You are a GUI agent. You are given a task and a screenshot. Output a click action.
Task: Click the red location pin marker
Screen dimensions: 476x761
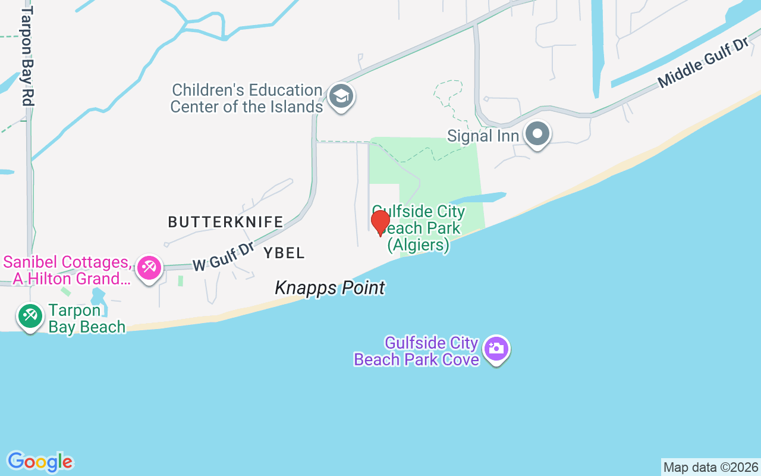click(380, 223)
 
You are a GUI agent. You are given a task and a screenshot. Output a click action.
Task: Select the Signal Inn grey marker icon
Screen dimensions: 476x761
click(537, 134)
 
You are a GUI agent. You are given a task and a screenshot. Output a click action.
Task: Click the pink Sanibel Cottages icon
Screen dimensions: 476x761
click(147, 268)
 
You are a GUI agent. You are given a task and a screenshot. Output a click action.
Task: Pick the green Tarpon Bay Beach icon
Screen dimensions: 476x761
click(30, 315)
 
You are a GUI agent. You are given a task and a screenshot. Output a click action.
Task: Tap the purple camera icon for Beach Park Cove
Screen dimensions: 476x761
click(496, 349)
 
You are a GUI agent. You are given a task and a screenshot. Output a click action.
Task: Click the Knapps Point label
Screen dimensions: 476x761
click(329, 289)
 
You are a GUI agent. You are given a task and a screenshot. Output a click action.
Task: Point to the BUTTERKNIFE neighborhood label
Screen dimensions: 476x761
click(225, 223)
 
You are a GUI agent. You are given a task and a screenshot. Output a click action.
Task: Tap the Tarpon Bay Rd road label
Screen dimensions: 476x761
click(26, 57)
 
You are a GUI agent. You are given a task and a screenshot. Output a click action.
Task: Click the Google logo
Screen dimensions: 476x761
click(40, 462)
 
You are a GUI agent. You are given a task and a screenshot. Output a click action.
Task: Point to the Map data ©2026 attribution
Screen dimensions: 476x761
click(710, 467)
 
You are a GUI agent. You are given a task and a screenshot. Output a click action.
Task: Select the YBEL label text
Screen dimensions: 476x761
click(284, 253)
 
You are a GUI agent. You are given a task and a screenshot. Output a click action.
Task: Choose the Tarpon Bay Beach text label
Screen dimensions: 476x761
click(87, 319)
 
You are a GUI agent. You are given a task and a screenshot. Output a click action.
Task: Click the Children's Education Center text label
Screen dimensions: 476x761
click(246, 99)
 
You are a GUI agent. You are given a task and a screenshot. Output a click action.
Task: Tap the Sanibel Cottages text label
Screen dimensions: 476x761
click(67, 271)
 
